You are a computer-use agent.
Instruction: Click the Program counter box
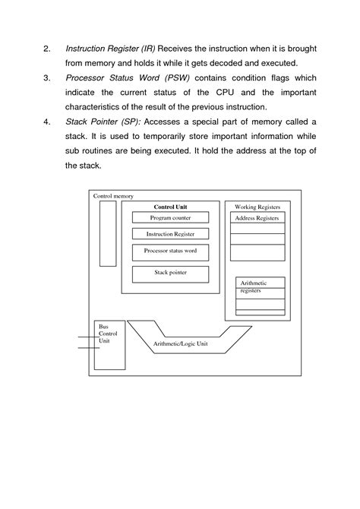click(x=170, y=218)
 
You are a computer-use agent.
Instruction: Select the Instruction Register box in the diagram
click(x=170, y=234)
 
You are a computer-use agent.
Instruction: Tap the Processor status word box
click(x=170, y=251)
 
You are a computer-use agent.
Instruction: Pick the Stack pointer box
click(x=170, y=273)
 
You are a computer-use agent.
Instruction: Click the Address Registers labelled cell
click(x=257, y=218)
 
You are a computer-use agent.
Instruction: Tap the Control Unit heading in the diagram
click(x=170, y=207)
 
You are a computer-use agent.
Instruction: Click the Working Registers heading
click(x=257, y=207)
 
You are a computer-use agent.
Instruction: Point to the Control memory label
click(x=112, y=196)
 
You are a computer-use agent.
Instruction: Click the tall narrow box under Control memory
click(x=108, y=235)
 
